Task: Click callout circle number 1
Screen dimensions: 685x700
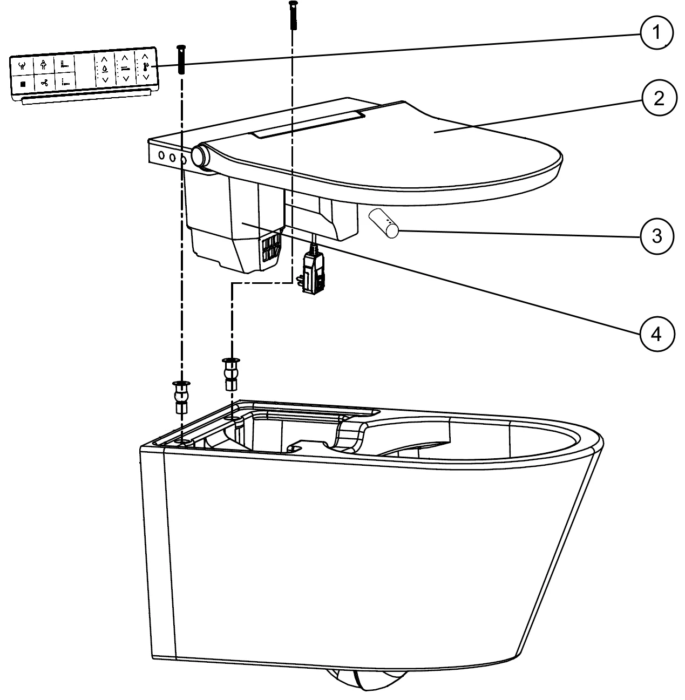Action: (656, 32)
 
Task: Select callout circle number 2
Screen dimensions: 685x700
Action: (659, 98)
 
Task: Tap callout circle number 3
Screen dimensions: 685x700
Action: (657, 236)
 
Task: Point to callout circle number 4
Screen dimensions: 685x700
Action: (657, 334)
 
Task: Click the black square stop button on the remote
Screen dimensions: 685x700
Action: (23, 84)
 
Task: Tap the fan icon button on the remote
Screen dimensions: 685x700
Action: (44, 83)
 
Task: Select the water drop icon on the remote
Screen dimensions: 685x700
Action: (105, 69)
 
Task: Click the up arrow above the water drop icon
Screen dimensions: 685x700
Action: (104, 59)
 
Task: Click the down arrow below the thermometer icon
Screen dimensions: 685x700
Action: (146, 77)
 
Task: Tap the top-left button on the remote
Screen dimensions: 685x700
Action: (22, 66)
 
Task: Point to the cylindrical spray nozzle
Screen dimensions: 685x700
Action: (383, 223)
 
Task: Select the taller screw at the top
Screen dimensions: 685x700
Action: (293, 15)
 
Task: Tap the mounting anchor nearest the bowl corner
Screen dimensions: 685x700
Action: (181, 397)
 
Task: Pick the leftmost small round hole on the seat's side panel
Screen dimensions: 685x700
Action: (161, 155)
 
